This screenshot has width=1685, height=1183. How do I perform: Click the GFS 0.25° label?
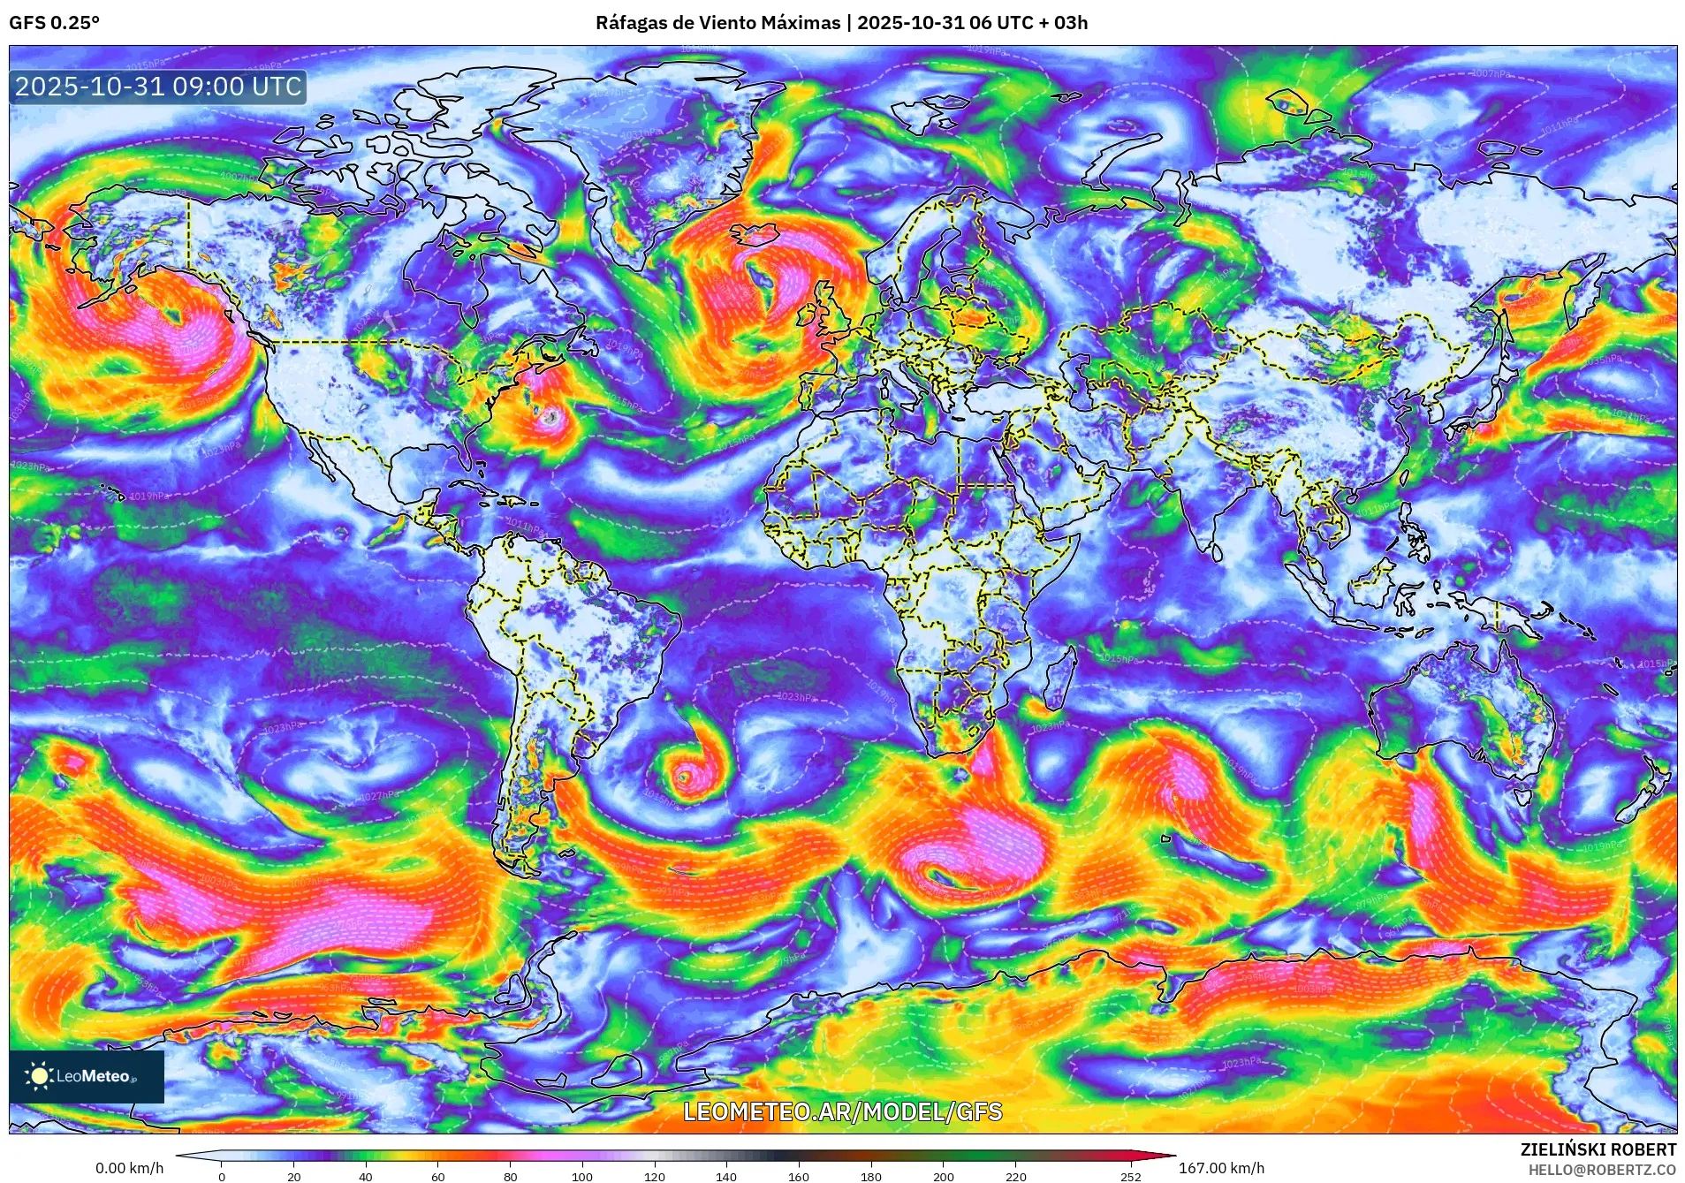(x=54, y=23)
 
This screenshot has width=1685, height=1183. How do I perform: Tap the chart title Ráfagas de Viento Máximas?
(x=717, y=23)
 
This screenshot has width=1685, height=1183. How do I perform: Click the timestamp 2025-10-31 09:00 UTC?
(x=159, y=87)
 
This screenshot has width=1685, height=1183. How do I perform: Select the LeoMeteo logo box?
(x=87, y=1076)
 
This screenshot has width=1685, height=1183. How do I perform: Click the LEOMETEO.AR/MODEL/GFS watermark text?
(x=843, y=1111)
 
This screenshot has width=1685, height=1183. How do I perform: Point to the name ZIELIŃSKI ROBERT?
(x=1598, y=1149)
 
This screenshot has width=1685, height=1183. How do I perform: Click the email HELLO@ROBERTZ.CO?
(x=1601, y=1170)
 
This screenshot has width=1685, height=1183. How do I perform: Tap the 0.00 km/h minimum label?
(x=129, y=1168)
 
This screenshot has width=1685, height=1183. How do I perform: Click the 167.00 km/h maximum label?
(x=1221, y=1168)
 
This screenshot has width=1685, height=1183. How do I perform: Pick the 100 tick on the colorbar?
(x=581, y=1176)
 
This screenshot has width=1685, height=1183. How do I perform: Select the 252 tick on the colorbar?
(x=1131, y=1176)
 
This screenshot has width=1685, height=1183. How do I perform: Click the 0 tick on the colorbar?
(x=222, y=1176)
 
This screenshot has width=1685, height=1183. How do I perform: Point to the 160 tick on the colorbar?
(x=798, y=1176)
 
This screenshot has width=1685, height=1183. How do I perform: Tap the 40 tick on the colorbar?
(x=366, y=1176)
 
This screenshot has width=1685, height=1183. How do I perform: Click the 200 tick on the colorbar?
(x=943, y=1176)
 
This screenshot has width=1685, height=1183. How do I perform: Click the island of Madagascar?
(x=1060, y=680)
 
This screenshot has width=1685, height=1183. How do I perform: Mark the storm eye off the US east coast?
(x=552, y=417)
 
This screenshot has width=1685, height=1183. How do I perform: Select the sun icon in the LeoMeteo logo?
(x=39, y=1076)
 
